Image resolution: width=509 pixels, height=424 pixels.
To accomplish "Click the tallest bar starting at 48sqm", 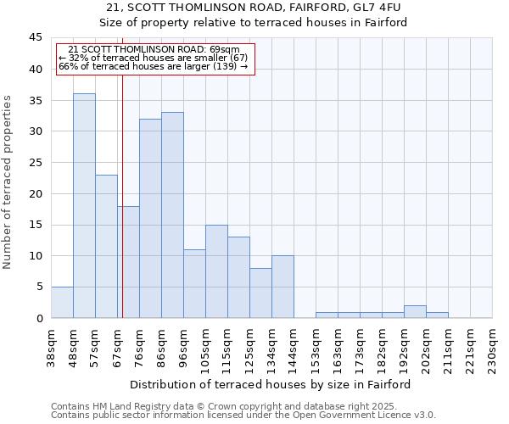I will pos(84,205).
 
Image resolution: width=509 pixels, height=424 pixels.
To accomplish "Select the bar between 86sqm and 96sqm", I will pos(172,215).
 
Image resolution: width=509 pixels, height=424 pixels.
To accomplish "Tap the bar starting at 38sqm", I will pos(62,303).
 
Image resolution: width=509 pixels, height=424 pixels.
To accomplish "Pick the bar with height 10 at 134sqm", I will pos(282,287).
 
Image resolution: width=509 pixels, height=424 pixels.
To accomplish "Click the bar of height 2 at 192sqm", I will pos(415,311).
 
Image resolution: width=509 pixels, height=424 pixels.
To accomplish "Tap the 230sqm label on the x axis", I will pos(492,348).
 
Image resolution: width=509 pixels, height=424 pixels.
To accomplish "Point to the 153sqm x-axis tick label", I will pos(316,348).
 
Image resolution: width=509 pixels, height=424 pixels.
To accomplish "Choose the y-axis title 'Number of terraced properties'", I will pos(8,181).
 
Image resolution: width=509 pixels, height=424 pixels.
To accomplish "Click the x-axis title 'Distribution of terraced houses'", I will pos(271,384).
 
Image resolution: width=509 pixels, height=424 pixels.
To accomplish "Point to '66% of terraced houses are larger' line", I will pos(153,66).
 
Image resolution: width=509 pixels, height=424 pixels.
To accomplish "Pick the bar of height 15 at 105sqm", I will pos(216,271).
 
